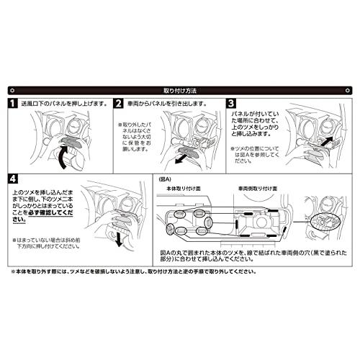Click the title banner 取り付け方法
click(x=180, y=91)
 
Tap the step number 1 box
click(x=14, y=104)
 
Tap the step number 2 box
click(x=119, y=104)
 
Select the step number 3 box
click(x=232, y=104)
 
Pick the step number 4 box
click(x=14, y=177)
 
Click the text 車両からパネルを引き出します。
click(x=165, y=104)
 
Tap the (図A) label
click(x=165, y=176)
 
